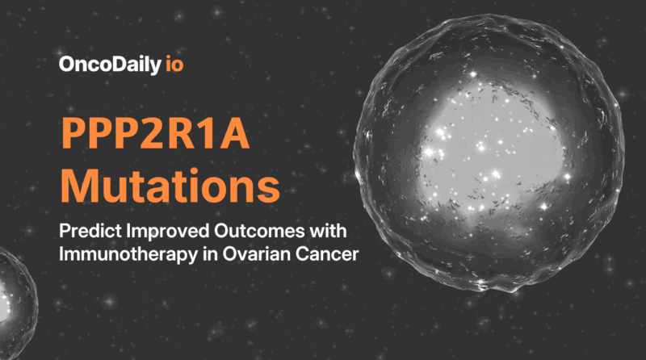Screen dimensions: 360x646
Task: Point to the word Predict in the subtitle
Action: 86,232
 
